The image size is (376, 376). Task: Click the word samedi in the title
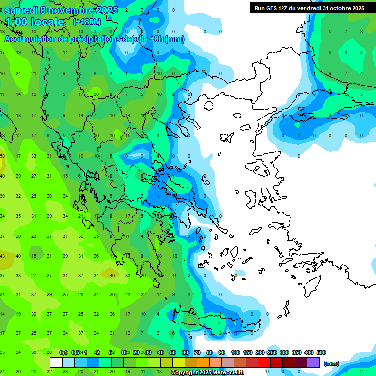pos(22,10)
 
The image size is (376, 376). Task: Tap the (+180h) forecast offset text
pos(87,22)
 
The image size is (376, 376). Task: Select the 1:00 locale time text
pos(34,22)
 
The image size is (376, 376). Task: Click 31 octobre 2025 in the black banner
pos(343,8)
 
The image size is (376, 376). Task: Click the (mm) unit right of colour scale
pos(331,363)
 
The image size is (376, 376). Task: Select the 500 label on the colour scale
pos(321,352)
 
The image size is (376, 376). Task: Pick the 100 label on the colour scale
pos(235,352)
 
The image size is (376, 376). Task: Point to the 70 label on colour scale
pos(197,352)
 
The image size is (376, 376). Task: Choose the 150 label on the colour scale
pos(248,352)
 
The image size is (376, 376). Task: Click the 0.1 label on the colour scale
pos(63,352)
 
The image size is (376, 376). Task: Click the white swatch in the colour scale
pos(56,363)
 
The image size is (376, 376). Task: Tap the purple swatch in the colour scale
pos(313,363)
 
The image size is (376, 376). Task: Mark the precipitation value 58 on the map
pos(2,156)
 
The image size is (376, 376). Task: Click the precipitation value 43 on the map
pos(2,256)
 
